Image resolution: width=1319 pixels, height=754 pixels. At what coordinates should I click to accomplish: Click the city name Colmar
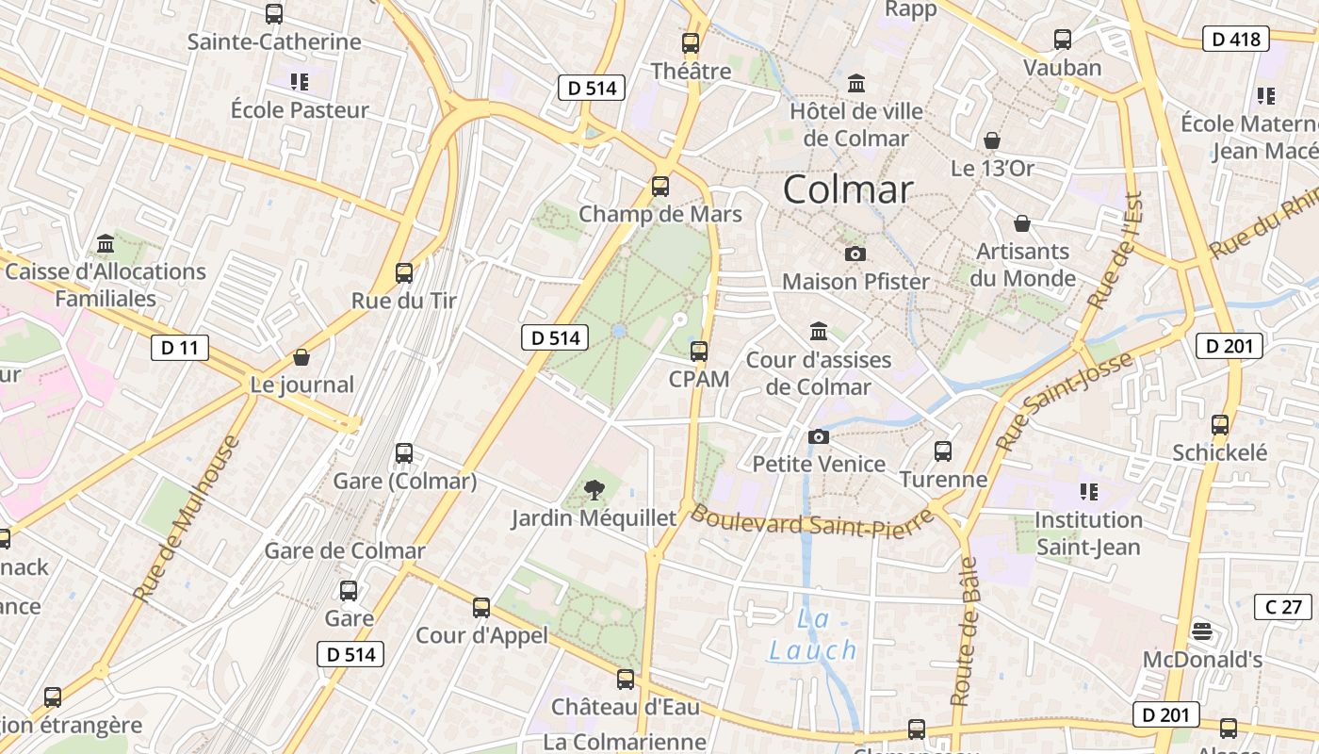tap(848, 189)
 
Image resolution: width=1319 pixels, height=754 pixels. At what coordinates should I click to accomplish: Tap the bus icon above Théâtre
tap(691, 42)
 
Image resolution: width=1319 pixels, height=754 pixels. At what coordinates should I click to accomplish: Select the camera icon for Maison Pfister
tap(855, 254)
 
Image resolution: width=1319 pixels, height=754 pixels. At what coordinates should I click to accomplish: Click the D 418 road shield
tap(1236, 39)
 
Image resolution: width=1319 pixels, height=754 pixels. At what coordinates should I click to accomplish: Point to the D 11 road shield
tap(180, 347)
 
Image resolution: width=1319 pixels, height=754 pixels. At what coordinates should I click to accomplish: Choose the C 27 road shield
tap(1283, 606)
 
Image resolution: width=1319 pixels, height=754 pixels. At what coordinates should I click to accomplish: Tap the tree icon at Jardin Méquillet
tap(594, 489)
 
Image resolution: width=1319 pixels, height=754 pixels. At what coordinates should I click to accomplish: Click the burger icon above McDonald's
tap(1201, 631)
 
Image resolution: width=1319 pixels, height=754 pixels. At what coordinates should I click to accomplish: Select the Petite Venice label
tap(819, 464)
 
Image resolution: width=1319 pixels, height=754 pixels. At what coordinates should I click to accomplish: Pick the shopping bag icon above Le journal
tap(301, 357)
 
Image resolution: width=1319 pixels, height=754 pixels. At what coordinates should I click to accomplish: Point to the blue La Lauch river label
tap(813, 635)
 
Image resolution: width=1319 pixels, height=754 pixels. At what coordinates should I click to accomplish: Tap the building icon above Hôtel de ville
tap(856, 84)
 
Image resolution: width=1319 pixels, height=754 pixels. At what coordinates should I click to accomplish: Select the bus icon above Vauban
tap(1063, 40)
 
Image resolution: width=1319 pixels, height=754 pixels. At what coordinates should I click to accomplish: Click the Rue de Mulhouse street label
tap(187, 518)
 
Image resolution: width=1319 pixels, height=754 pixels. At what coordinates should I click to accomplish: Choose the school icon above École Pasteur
tap(299, 82)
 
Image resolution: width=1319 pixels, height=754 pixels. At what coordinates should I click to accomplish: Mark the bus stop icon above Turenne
tap(943, 451)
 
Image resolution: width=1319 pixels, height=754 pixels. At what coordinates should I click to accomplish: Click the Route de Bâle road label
tap(965, 631)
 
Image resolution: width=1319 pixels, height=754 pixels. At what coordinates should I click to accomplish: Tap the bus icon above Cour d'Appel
tap(481, 608)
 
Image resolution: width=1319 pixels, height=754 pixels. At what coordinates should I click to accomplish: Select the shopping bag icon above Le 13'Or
tap(992, 141)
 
